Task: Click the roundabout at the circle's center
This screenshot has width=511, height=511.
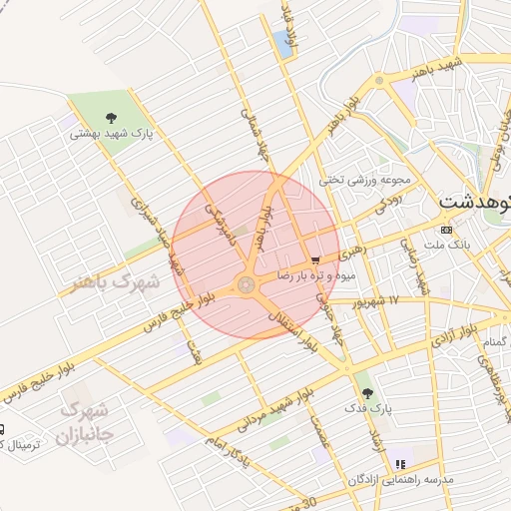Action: coord(247,285)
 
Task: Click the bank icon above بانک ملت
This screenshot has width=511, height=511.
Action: coord(446,230)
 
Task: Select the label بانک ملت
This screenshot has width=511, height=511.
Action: coord(446,245)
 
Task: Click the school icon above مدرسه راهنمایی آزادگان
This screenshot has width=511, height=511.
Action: coord(400,464)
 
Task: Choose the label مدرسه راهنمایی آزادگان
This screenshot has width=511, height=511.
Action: coord(400,480)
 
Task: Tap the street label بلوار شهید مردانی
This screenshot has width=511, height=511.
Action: coord(274,408)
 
